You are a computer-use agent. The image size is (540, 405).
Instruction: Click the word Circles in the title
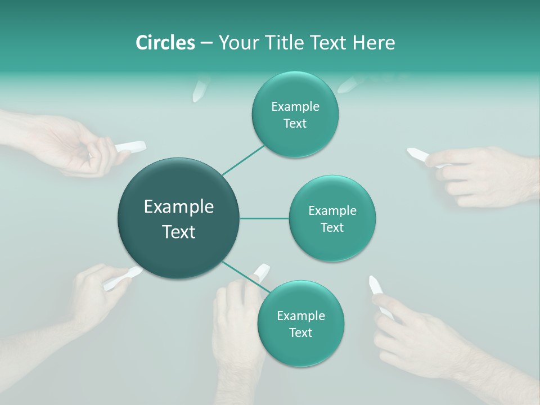[x=165, y=43]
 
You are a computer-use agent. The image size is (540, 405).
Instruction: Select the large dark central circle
[x=179, y=218]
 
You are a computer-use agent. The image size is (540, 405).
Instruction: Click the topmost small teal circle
[x=295, y=115]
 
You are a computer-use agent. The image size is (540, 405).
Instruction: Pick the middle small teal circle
[x=332, y=219]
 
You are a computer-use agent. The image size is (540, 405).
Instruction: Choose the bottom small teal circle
[x=300, y=324]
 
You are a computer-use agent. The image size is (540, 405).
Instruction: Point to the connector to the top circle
[x=242, y=159]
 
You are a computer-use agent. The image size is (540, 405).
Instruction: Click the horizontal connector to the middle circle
[x=264, y=218]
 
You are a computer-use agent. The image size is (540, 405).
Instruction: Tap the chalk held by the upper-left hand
[x=130, y=147]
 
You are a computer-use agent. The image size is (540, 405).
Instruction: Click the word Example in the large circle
[x=179, y=207]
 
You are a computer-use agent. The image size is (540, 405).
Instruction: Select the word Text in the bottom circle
[x=300, y=332]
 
